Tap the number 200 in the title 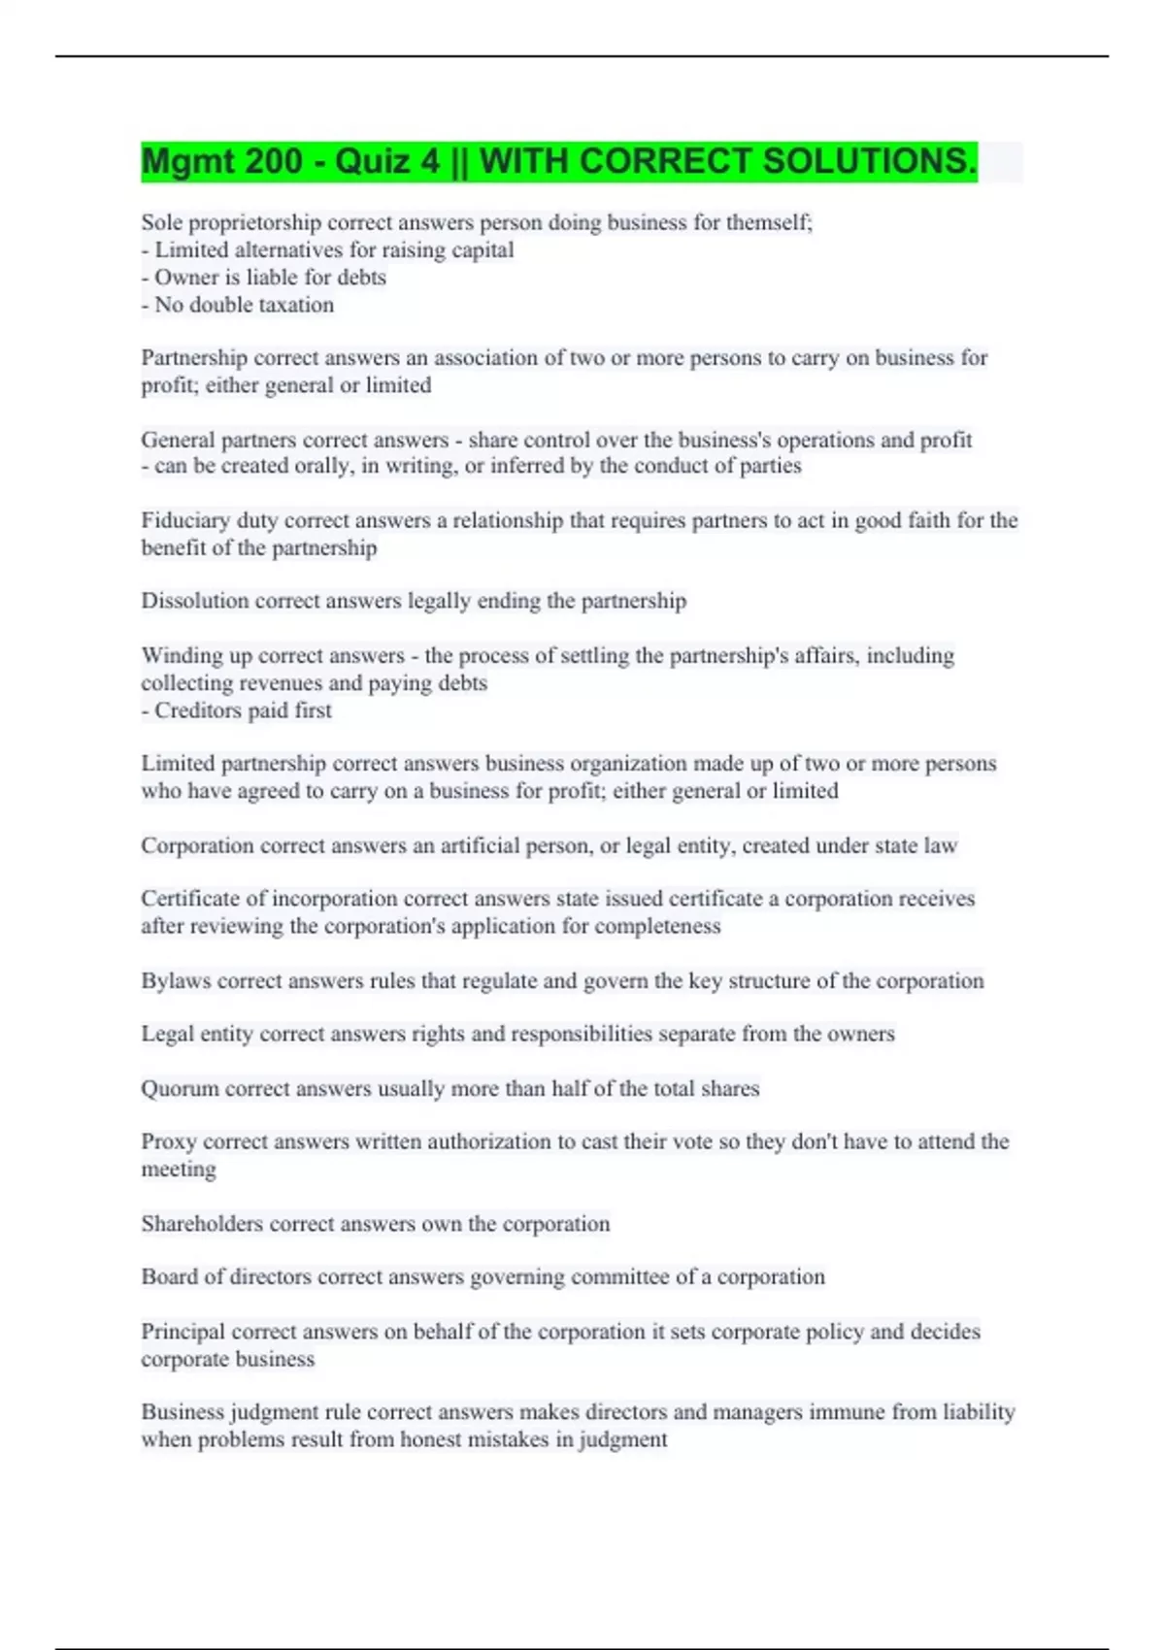pyautogui.click(x=275, y=161)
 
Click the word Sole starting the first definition pyautogui.click(x=161, y=222)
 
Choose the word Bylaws pyautogui.click(x=176, y=980)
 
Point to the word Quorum pyautogui.click(x=180, y=1089)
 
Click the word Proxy pyautogui.click(x=168, y=1141)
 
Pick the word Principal pyautogui.click(x=183, y=1332)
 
